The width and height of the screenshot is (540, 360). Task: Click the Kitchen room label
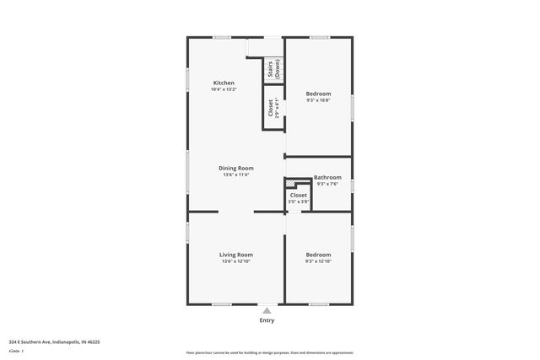point(224,83)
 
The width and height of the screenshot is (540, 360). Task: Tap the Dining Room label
point(236,168)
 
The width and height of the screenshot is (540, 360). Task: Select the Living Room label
point(236,255)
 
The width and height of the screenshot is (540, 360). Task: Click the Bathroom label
point(327,177)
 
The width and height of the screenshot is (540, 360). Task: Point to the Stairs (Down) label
point(273,70)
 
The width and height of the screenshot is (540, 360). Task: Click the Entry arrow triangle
point(267,310)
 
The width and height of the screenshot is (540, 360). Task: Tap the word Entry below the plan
point(267,320)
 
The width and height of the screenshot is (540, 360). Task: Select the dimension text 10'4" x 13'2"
point(224,89)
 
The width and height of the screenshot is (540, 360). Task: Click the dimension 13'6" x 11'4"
point(236,175)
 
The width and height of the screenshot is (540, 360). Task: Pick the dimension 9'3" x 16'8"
point(318,99)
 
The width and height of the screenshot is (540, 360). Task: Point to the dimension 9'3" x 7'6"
point(327,184)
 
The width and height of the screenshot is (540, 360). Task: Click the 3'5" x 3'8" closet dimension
point(299,201)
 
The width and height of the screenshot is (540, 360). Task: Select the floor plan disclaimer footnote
point(269,352)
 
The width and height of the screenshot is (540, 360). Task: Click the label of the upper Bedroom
point(318,93)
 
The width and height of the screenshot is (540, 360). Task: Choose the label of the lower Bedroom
point(318,255)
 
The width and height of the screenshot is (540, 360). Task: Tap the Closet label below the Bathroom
point(299,195)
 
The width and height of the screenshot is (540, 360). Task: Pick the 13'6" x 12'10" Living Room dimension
point(236,261)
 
